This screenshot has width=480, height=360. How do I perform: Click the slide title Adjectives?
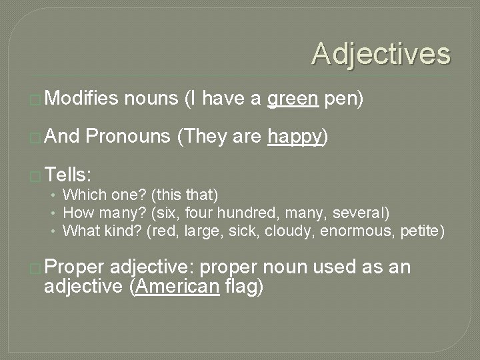(381, 53)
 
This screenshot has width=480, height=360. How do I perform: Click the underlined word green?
(292, 100)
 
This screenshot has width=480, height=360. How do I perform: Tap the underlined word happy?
(295, 137)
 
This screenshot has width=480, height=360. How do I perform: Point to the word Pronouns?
(129, 137)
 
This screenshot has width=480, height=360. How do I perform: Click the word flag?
(244, 287)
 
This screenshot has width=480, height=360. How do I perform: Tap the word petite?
(420, 231)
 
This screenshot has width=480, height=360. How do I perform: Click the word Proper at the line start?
(77, 267)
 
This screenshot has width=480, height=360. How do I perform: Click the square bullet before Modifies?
(37, 101)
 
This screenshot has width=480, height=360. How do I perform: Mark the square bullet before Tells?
(37, 175)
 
